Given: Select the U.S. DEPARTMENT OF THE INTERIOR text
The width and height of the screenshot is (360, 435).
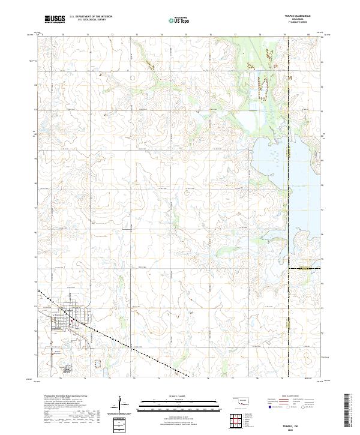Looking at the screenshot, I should click(x=91, y=16).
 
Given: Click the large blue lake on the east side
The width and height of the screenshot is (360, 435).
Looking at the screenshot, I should click(x=300, y=180).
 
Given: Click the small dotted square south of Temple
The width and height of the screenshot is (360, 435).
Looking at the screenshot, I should click(x=98, y=364).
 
